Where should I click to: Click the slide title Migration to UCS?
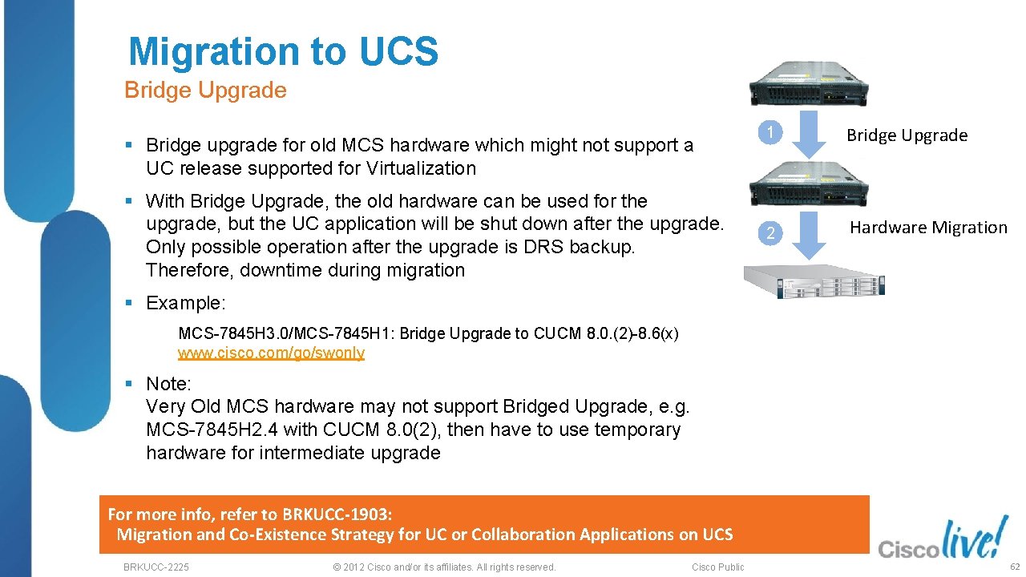click(x=283, y=51)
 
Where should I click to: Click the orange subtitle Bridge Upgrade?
click(x=205, y=90)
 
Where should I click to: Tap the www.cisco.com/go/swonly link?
click(x=271, y=353)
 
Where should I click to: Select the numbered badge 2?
click(x=770, y=233)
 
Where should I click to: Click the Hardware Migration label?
click(x=928, y=228)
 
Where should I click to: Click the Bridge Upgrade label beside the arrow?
click(x=907, y=135)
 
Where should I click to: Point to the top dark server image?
click(x=810, y=83)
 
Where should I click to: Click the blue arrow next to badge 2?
click(x=812, y=234)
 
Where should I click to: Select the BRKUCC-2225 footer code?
click(x=156, y=567)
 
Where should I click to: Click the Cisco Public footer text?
click(x=717, y=567)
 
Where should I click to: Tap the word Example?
click(x=186, y=303)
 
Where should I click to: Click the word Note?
click(x=168, y=383)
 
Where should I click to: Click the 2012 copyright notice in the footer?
click(x=443, y=567)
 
